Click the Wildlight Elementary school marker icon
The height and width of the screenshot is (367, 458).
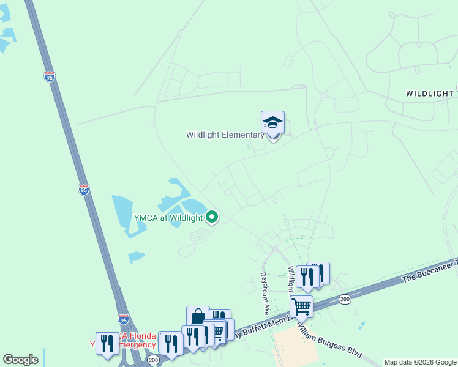point(272,122)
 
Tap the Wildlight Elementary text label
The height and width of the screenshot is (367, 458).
point(225,135)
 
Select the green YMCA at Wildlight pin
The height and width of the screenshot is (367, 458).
point(212,217)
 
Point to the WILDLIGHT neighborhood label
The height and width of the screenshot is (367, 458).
point(429,94)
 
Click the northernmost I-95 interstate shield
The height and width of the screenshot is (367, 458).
point(50,76)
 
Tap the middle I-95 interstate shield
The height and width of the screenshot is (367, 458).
point(84,189)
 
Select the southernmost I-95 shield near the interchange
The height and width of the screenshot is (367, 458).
point(124,319)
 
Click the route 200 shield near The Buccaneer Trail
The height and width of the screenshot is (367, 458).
point(345,299)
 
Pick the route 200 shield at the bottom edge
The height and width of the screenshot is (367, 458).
point(153,360)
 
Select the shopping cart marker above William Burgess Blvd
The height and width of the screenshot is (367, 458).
point(301,306)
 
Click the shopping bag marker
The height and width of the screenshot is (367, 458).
point(198,316)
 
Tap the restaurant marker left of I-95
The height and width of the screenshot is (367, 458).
point(107,341)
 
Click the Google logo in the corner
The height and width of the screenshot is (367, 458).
point(20,360)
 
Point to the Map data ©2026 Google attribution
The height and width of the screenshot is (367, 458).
point(420,362)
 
